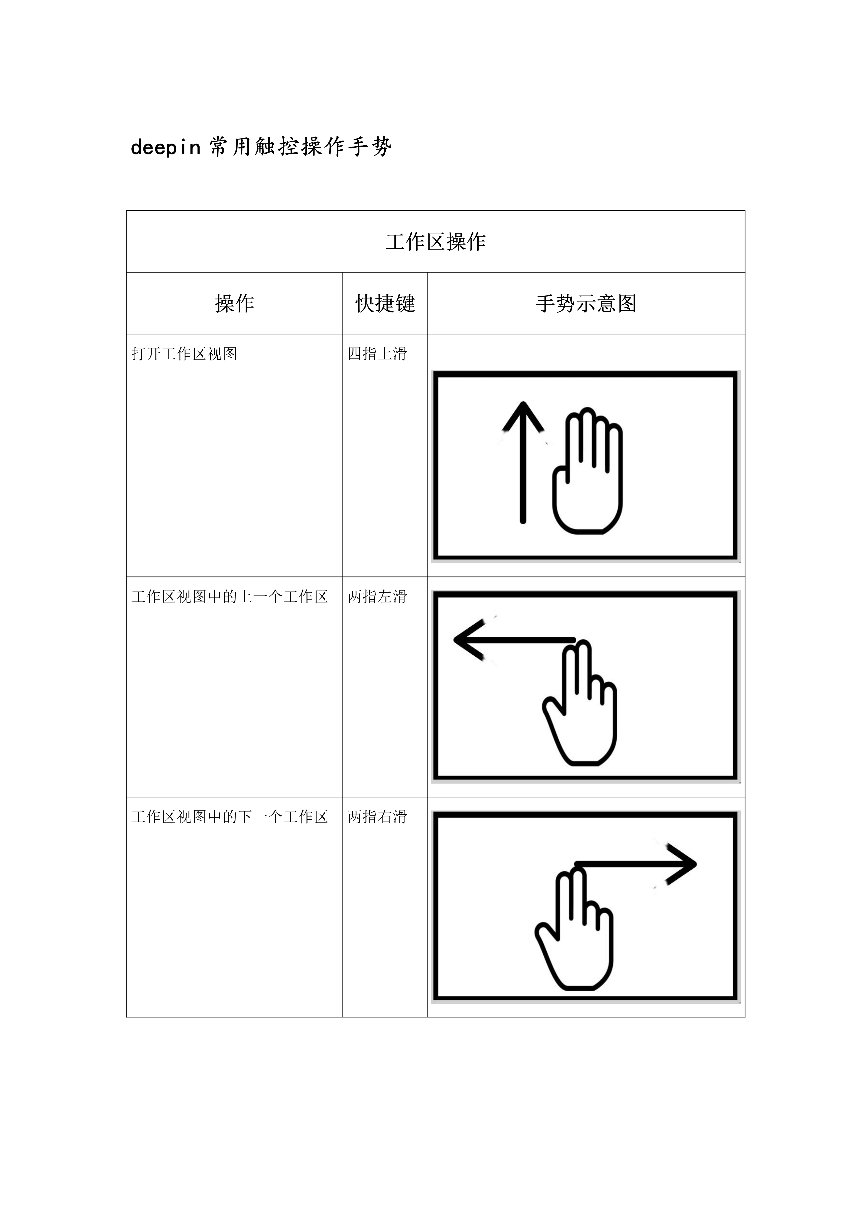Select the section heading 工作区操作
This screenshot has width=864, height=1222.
[x=436, y=242]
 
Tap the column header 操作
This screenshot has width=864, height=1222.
[x=234, y=303]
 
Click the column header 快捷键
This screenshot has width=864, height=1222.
[x=385, y=303]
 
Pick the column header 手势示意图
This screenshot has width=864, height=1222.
[x=585, y=303]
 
